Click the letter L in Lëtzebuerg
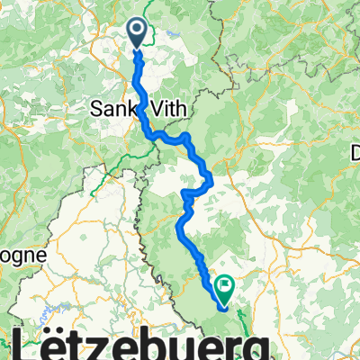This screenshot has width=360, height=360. pos(29,343)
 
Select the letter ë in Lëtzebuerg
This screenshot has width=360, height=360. pos(56,343)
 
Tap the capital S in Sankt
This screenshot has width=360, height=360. pos(98,108)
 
